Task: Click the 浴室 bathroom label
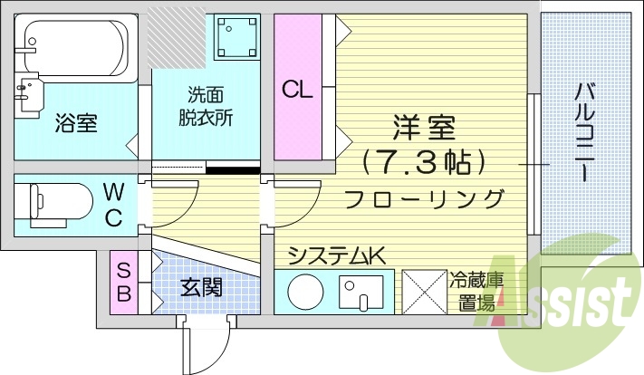(76, 121)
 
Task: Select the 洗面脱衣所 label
(206, 106)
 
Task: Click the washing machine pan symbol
(236, 37)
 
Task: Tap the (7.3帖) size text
(424, 162)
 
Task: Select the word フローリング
(424, 197)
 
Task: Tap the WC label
(113, 204)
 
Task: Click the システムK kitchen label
(337, 256)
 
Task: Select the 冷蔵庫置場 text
(473, 292)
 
